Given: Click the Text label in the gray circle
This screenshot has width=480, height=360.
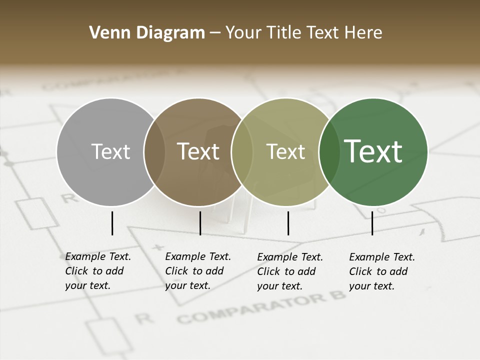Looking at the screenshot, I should (110, 151).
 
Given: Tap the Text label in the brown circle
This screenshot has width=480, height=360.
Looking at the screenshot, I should (198, 151).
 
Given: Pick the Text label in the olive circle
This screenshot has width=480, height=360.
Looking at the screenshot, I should (285, 151).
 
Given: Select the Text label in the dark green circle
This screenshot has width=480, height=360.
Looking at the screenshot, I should (373, 151).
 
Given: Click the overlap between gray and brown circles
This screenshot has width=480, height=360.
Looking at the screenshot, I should (154, 151).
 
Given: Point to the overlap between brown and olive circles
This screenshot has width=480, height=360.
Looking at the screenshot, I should (242, 151).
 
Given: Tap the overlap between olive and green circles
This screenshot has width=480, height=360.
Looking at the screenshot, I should (329, 151).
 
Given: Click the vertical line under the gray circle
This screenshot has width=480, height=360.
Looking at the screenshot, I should (112, 223).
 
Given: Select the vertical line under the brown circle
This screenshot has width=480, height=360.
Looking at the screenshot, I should (200, 223).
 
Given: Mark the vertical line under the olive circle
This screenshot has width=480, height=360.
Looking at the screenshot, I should (288, 223).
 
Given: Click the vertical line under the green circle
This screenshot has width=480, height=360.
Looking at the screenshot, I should (372, 223).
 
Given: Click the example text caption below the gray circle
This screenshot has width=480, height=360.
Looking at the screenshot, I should (97, 271).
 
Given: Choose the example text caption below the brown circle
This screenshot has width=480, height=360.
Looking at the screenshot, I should (197, 271).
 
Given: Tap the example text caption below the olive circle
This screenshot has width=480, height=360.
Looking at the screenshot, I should (289, 271).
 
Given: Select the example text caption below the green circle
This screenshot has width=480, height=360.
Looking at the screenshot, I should (381, 271).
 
